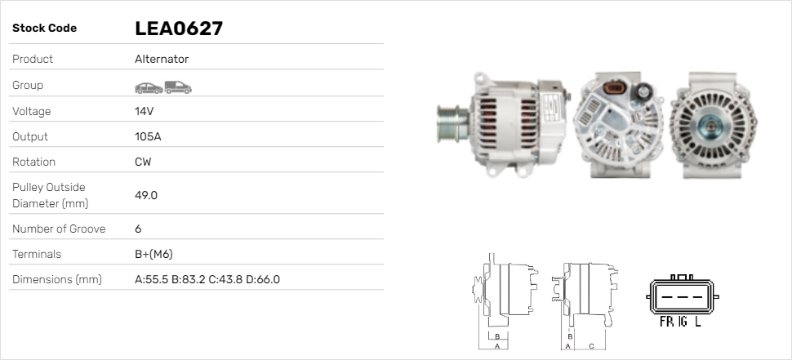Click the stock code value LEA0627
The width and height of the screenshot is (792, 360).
pos(179,29)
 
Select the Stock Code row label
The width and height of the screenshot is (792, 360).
pos(44,29)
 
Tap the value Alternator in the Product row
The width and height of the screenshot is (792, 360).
pos(162,60)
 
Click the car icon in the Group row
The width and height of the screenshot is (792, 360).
pos(148,87)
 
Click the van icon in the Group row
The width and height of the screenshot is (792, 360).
pos(177,87)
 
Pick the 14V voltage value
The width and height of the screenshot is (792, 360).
pos(145,111)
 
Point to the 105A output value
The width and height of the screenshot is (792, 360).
pos(148,136)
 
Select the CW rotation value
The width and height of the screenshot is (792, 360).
pos(143,162)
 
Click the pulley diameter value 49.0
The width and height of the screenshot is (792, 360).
pos(146,195)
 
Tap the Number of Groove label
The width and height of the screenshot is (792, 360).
pos(59,229)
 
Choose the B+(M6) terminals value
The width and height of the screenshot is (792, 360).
pos(154,254)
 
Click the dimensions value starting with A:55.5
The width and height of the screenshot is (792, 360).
pos(207,279)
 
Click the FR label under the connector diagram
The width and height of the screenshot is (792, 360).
pos(666,322)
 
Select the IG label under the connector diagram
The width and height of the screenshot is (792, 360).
pos(681,322)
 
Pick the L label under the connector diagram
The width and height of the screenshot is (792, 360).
pos(698,322)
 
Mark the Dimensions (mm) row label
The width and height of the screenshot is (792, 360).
pos(56,279)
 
